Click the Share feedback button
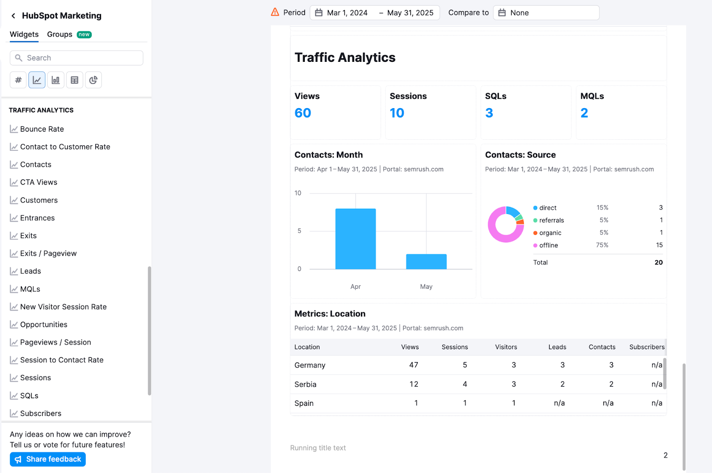tap(48, 459)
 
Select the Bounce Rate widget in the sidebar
tap(42, 129)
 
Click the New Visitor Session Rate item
tap(63, 307)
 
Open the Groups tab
tap(60, 34)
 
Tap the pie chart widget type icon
tap(93, 80)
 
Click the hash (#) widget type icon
tap(18, 80)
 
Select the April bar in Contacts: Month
tap(355, 239)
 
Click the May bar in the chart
tap(426, 262)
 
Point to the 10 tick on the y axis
tap(298, 193)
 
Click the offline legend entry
tap(548, 245)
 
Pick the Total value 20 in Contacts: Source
tap(658, 263)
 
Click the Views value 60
tap(303, 113)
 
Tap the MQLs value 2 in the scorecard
tap(584, 113)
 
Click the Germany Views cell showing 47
tap(413, 365)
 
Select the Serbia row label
tap(305, 384)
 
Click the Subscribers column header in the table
tap(646, 347)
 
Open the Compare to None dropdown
tap(546, 13)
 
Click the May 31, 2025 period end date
tap(410, 13)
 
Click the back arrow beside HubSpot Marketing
tap(13, 16)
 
